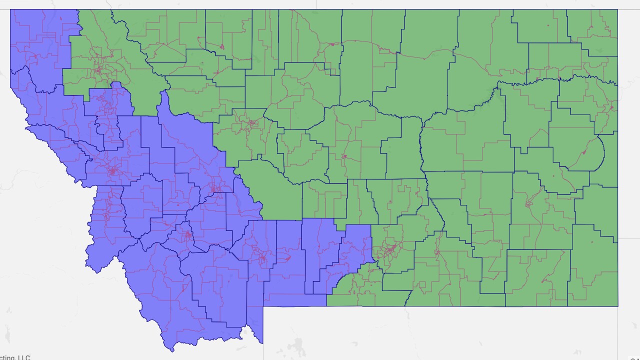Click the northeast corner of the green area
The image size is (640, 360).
click(617, 10)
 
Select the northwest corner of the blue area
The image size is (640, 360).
click(11, 10)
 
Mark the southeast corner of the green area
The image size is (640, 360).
click(617, 305)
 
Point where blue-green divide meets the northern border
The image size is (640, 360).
click(78, 10)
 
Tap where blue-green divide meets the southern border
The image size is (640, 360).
click(327, 305)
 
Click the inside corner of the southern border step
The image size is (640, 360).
click(263, 306)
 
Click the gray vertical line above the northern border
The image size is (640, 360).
click(316, 4)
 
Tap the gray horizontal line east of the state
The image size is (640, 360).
click(628, 98)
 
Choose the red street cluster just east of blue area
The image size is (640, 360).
click(389, 248)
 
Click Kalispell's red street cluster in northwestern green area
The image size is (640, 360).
click(98, 70)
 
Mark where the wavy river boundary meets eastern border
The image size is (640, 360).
click(617, 83)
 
